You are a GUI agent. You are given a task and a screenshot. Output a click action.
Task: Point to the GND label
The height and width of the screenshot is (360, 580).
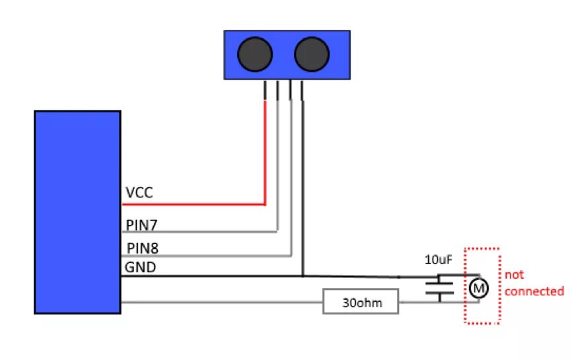(139, 268)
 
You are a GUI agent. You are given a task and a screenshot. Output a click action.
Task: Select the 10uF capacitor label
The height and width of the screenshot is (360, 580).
(438, 260)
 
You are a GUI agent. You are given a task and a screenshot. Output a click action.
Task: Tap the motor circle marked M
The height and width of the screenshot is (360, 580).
(478, 288)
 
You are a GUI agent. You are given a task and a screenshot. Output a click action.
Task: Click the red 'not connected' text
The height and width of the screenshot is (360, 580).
(534, 283)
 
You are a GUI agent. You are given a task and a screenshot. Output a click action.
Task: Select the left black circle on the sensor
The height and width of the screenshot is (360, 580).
(255, 54)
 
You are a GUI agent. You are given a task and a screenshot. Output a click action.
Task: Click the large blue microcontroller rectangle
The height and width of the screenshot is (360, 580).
(77, 211)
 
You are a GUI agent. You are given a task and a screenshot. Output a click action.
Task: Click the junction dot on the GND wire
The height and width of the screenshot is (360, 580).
(303, 276)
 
